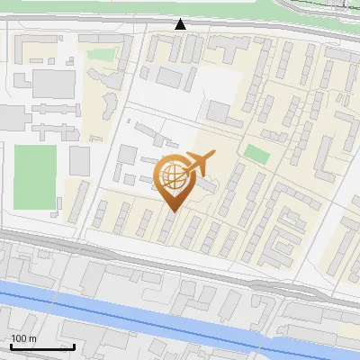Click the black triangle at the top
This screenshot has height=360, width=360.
click(x=181, y=24)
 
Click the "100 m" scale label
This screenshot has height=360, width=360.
click(x=23, y=338)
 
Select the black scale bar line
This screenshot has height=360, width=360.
click(x=41, y=346)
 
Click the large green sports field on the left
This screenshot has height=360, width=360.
click(x=35, y=177)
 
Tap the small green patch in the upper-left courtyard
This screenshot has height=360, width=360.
click(x=101, y=55)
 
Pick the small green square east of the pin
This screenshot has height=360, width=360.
click(x=257, y=153)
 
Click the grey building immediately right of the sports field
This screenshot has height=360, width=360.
click(x=79, y=161)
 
